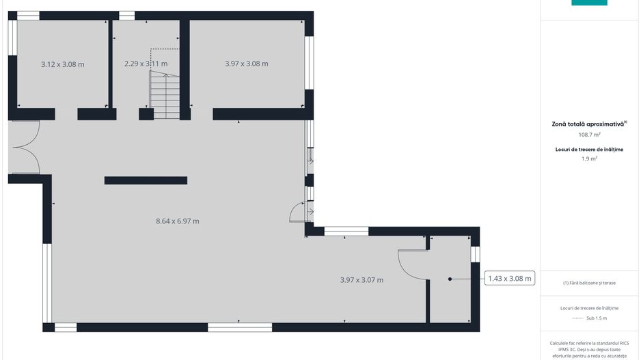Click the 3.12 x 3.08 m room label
point(63,64)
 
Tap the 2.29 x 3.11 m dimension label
point(146,64)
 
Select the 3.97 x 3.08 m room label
point(247,64)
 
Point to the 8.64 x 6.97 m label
point(178,221)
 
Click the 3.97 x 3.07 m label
point(362,280)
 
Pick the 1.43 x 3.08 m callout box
point(510,278)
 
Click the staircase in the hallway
point(165,95)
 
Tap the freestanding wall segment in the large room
point(146,180)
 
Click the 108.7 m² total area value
point(589,135)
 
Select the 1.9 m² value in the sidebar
point(589,158)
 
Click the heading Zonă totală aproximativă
point(589,124)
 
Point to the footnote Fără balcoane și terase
point(589,283)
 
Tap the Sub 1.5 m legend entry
point(597,318)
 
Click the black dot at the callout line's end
point(450,279)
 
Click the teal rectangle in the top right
point(589,3)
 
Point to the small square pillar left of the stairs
point(146,114)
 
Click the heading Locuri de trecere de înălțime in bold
point(589,150)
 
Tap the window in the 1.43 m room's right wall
point(475,254)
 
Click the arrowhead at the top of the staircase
point(166,75)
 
